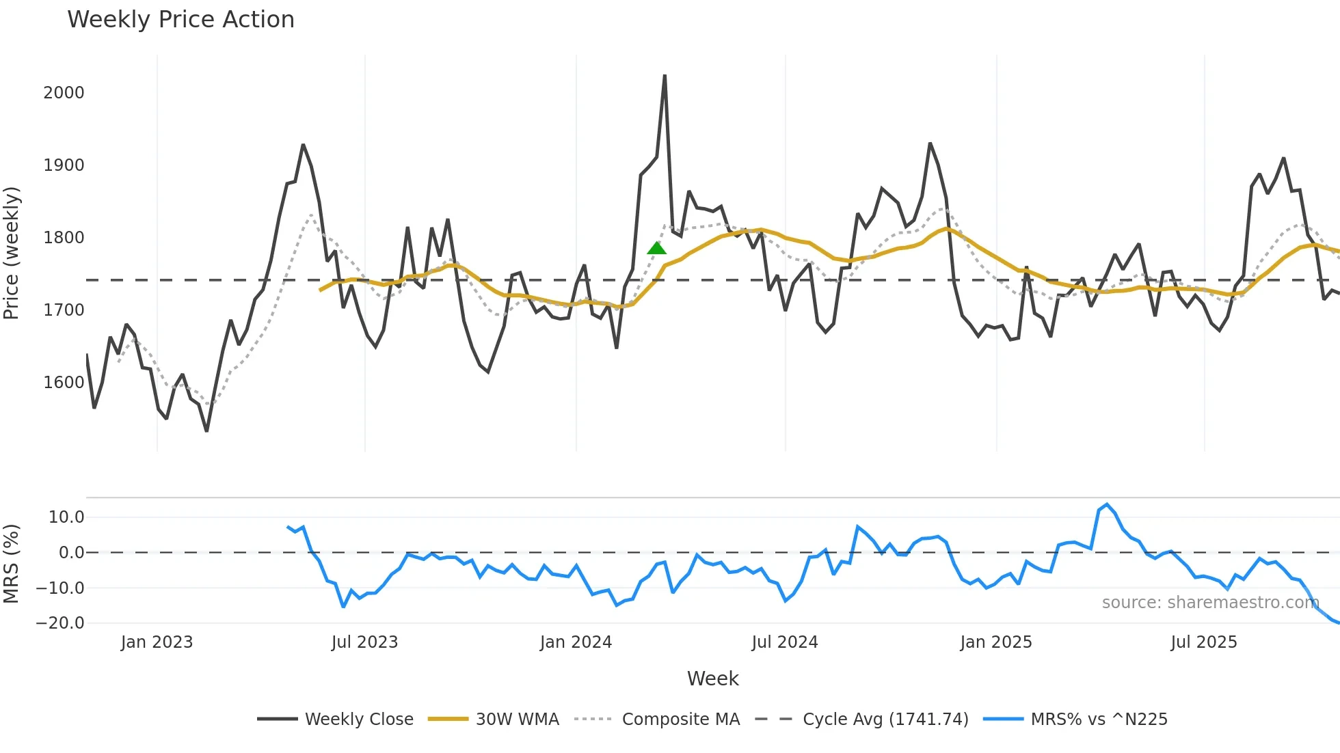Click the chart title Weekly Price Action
pyautogui.click(x=180, y=19)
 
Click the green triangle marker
pyautogui.click(x=656, y=248)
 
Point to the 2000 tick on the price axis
pyautogui.click(x=64, y=93)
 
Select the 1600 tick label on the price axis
pyautogui.click(x=64, y=383)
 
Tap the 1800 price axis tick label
pyautogui.click(x=64, y=238)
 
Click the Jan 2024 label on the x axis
pyautogui.click(x=576, y=642)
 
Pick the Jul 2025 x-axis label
pyautogui.click(x=1203, y=642)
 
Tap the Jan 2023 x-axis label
pyautogui.click(x=157, y=642)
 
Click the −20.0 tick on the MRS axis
pyautogui.click(x=60, y=623)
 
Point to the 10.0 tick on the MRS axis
pyautogui.click(x=66, y=517)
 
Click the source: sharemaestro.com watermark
pyautogui.click(x=1210, y=603)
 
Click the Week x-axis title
pyautogui.click(x=712, y=679)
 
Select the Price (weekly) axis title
pyautogui.click(x=11, y=253)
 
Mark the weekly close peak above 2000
pyautogui.click(x=665, y=76)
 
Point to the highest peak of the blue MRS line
pyautogui.click(x=1107, y=504)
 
